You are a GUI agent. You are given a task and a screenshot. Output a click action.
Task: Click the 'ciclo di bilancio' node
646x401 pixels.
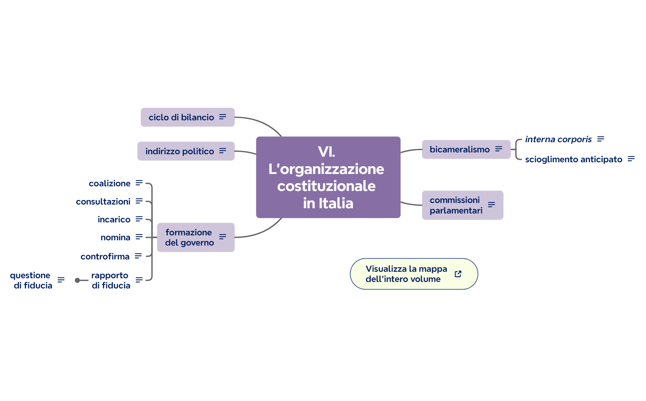coord(181,117)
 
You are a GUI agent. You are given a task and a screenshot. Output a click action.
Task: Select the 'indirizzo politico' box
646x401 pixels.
coord(180,151)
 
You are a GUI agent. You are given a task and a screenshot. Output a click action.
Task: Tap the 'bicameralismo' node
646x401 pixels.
coord(459,150)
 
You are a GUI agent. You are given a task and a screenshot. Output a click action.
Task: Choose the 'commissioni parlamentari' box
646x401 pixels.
coord(456,205)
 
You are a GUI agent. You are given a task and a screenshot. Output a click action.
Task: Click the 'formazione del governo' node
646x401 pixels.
coord(189,238)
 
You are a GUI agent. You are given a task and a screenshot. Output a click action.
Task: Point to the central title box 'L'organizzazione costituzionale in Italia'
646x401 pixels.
coord(328,177)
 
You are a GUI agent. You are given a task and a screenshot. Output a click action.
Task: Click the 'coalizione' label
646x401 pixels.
coord(109,184)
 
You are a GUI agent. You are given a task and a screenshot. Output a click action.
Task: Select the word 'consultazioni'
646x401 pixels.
coord(103,202)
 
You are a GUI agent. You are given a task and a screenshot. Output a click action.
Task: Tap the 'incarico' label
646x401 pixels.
coord(114,220)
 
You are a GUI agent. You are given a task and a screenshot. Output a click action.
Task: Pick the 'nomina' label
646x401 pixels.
coord(115,238)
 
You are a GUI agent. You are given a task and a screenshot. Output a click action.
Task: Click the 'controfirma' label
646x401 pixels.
coord(105,257)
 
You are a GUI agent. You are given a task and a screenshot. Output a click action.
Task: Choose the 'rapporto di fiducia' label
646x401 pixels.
coord(111,280)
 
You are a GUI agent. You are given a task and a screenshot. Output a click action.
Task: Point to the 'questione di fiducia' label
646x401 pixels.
coord(31,280)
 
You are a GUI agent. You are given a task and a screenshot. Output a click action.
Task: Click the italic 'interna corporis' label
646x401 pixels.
coord(558,139)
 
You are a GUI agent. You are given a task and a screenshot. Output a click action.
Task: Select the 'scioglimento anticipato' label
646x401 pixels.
coord(574,159)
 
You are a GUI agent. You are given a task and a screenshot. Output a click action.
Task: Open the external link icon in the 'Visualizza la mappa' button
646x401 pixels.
coord(458,274)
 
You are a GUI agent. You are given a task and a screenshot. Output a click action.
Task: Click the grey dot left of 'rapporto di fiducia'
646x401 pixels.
coord(77,280)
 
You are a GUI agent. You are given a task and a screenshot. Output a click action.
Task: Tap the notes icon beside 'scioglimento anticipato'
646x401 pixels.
coord(631,159)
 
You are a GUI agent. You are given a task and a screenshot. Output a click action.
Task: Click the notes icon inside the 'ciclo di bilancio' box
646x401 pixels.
coord(223,117)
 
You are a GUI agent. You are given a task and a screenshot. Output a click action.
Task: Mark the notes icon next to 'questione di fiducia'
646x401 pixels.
coord(61,280)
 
